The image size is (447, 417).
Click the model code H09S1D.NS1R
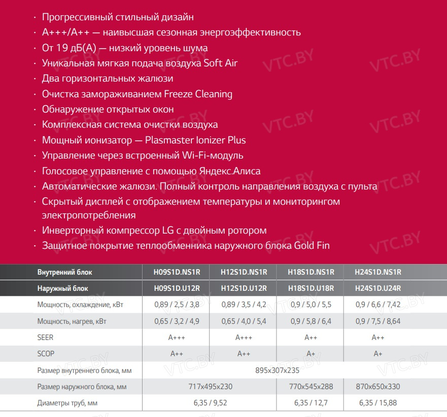[x=177, y=272]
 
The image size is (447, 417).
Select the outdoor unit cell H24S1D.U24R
[x=378, y=288]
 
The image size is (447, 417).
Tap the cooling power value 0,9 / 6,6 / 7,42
[x=378, y=305]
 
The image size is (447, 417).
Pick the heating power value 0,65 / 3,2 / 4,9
[x=177, y=321]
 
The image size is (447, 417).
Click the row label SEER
[x=45, y=337]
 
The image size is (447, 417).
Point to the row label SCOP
[x=46, y=354]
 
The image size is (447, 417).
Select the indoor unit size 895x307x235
[x=277, y=370]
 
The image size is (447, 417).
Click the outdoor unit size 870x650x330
[x=378, y=387]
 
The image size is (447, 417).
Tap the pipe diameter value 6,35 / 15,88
[x=378, y=403]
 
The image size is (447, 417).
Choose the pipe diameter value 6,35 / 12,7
[x=311, y=403]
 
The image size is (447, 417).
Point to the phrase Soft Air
[x=221, y=63]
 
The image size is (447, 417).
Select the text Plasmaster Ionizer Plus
[x=195, y=140]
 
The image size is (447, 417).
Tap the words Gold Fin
[x=312, y=246]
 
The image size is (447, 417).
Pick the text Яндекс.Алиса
[x=232, y=171]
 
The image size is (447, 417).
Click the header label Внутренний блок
[x=65, y=272]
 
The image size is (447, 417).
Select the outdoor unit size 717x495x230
[x=210, y=387]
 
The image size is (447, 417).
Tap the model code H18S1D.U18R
[x=311, y=288]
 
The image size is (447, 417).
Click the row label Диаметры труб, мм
[x=67, y=403]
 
